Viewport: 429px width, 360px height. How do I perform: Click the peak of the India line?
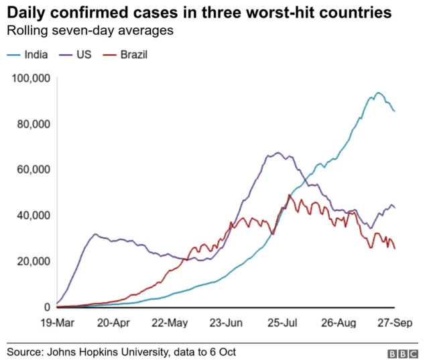tap(378, 93)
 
